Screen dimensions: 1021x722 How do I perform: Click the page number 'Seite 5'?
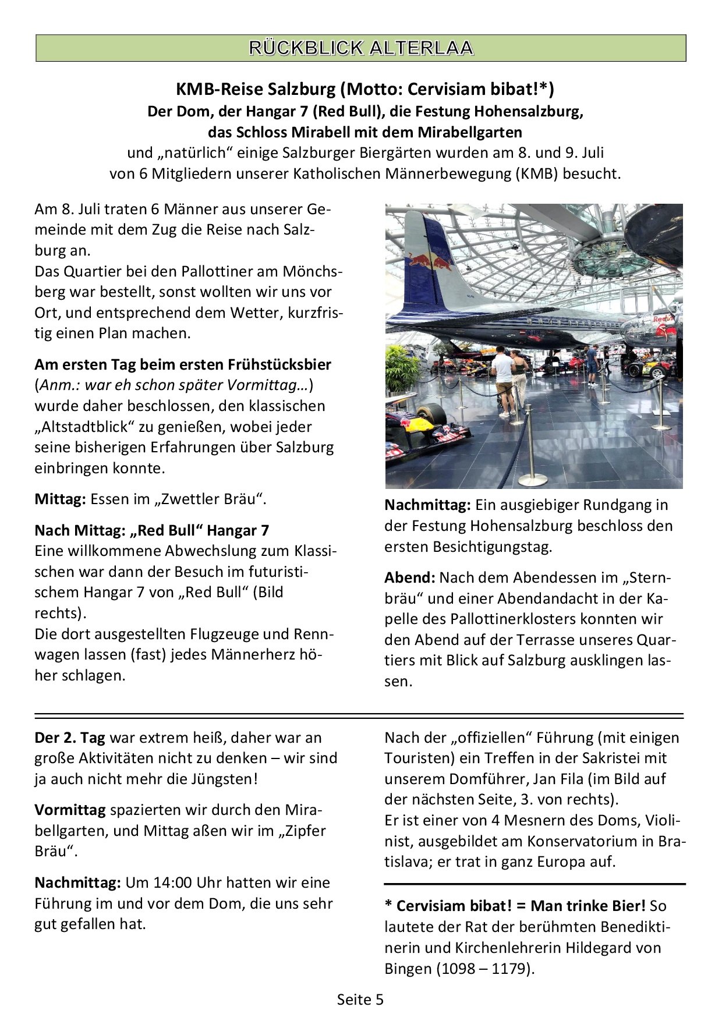pyautogui.click(x=360, y=999)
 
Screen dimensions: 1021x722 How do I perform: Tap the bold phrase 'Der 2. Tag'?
pyautogui.click(x=70, y=738)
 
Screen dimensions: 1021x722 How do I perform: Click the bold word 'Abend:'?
pyautogui.click(x=410, y=578)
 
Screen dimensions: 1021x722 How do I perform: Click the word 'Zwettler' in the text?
pyautogui.click(x=192, y=499)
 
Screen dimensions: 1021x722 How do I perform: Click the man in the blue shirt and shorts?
pyautogui.click(x=592, y=364)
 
